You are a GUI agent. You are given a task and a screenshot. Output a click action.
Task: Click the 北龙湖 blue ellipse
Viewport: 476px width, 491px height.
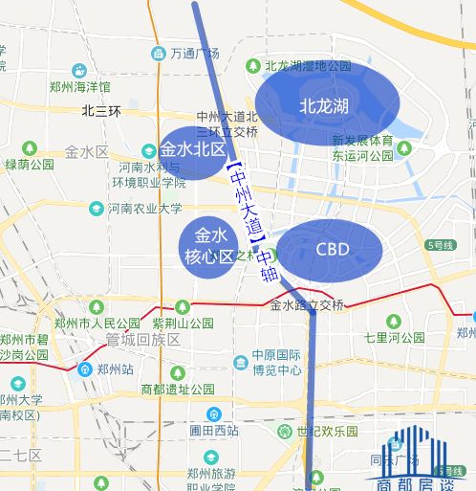tap(322, 104)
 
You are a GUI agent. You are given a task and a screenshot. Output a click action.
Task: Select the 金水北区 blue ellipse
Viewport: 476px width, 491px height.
tap(192, 151)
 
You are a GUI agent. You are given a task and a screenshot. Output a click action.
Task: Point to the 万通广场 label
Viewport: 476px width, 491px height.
tap(195, 53)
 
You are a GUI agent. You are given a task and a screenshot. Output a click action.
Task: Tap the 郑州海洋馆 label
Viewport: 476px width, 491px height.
tap(81, 86)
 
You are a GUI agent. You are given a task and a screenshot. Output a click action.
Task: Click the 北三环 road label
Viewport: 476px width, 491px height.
tap(101, 111)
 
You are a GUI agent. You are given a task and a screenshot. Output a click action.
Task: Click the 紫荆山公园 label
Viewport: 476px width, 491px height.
tap(182, 324)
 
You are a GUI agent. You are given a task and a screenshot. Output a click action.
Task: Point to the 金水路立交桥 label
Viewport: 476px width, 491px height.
tap(307, 305)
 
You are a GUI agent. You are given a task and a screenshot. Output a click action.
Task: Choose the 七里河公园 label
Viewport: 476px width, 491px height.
tap(394, 338)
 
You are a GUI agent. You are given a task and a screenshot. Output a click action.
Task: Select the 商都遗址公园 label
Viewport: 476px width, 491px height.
tap(177, 390)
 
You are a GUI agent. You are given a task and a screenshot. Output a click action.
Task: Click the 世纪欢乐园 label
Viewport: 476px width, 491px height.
tap(327, 432)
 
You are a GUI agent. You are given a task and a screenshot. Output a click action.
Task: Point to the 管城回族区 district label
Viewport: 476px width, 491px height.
tap(143, 340)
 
